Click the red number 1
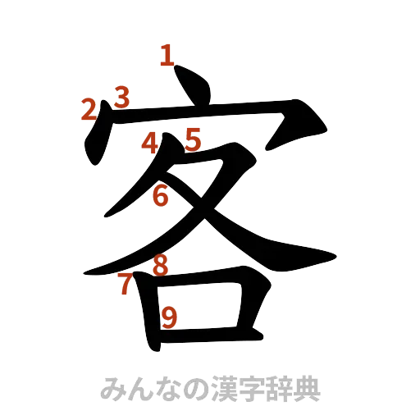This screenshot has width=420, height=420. pos(167,57)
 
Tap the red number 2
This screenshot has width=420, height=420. pos(89,110)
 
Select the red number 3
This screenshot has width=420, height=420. pos(121,98)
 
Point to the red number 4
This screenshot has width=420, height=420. pos(149,143)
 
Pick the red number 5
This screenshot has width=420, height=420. pos(193,139)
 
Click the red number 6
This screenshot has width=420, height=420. pos(161,197)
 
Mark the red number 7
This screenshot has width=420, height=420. pos(125,284)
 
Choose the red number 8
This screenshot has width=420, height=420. pos(161,265)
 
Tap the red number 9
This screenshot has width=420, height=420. pos(169,317)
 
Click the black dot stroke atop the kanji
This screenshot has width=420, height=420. pos(194,89)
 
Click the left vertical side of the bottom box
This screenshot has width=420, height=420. pos(148,312)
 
